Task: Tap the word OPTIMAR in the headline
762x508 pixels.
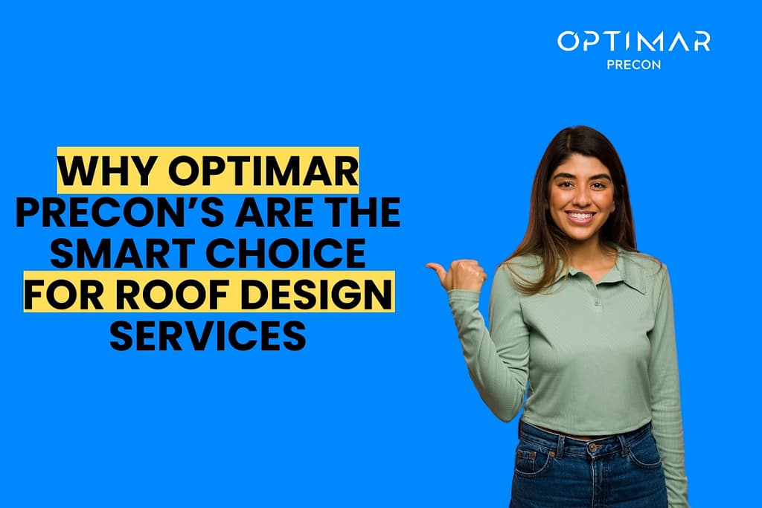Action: [x=263, y=172]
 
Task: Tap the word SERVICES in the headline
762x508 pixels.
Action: [x=208, y=337]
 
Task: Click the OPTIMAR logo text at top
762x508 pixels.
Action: [x=633, y=42]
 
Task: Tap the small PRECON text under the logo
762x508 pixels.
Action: [x=633, y=64]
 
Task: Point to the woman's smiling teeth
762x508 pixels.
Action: [x=581, y=217]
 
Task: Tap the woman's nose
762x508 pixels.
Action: [x=580, y=198]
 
